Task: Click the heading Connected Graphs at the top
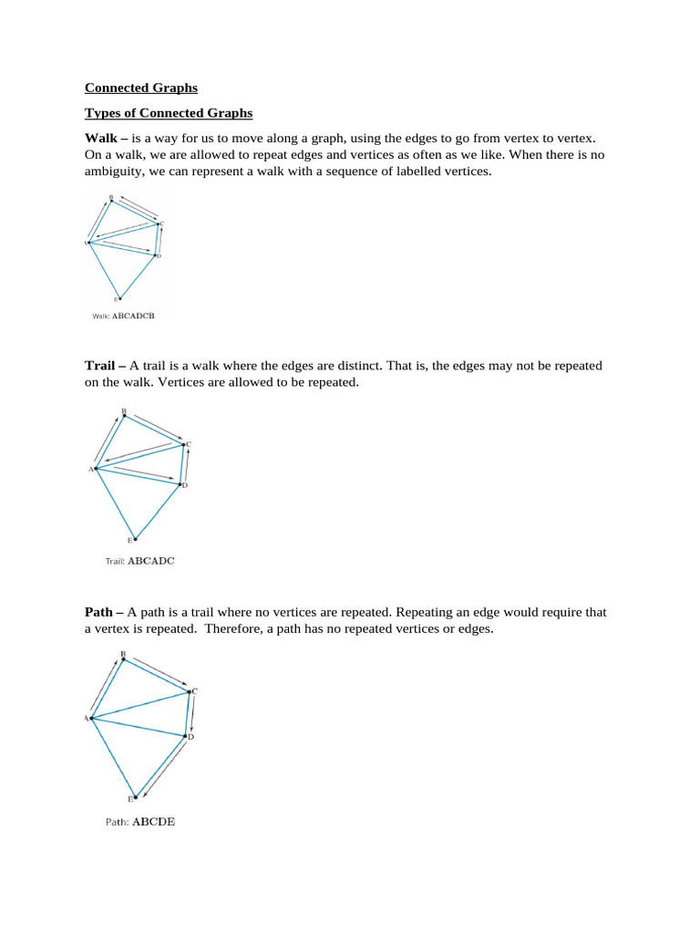coord(140,88)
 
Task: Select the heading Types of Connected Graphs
coord(168,113)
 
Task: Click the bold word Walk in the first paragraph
coord(100,138)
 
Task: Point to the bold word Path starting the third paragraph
coord(100,612)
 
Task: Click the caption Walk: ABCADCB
coord(123,316)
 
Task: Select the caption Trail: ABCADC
coord(139,561)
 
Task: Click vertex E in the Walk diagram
coord(118,297)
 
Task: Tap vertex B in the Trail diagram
coord(125,415)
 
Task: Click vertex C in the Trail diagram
coord(185,445)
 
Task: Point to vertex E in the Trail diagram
coord(135,538)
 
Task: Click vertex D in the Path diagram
coord(187,735)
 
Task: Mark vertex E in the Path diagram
coord(135,795)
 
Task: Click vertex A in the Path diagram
coord(91,719)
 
